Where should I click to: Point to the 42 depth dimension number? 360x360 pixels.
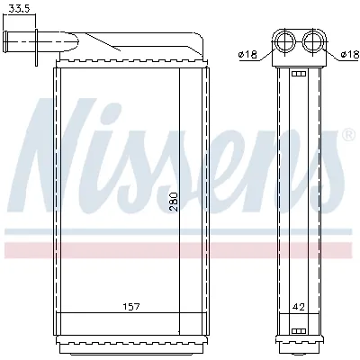(300, 307)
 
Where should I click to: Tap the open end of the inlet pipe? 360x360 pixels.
(6, 40)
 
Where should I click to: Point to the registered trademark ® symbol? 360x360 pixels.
(347, 137)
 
